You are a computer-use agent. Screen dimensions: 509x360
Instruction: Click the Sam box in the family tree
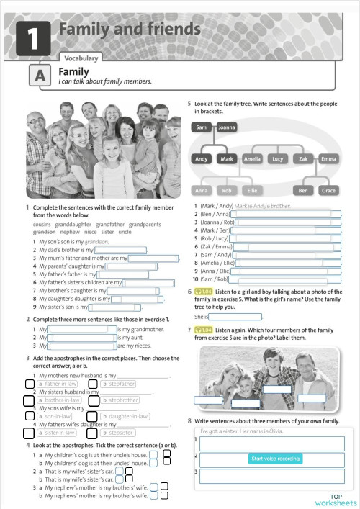(202, 127)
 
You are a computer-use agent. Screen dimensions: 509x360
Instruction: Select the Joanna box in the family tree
(228, 127)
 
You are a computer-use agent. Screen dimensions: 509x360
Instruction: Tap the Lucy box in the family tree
(277, 158)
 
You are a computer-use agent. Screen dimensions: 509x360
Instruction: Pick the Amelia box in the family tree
(252, 158)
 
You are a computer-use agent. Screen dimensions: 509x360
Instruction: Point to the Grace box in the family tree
(328, 191)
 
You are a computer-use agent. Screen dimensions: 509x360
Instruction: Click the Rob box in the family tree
(228, 191)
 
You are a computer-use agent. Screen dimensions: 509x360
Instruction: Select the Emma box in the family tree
(328, 158)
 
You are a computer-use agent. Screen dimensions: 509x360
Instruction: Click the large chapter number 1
(31, 37)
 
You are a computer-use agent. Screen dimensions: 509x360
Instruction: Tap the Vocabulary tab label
(82, 58)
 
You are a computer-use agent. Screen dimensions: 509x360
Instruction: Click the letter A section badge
(40, 76)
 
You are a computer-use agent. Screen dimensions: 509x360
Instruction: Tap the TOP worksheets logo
(336, 500)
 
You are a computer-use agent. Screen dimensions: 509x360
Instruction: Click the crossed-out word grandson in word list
(44, 232)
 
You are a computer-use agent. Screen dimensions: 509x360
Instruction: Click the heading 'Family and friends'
(130, 29)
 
